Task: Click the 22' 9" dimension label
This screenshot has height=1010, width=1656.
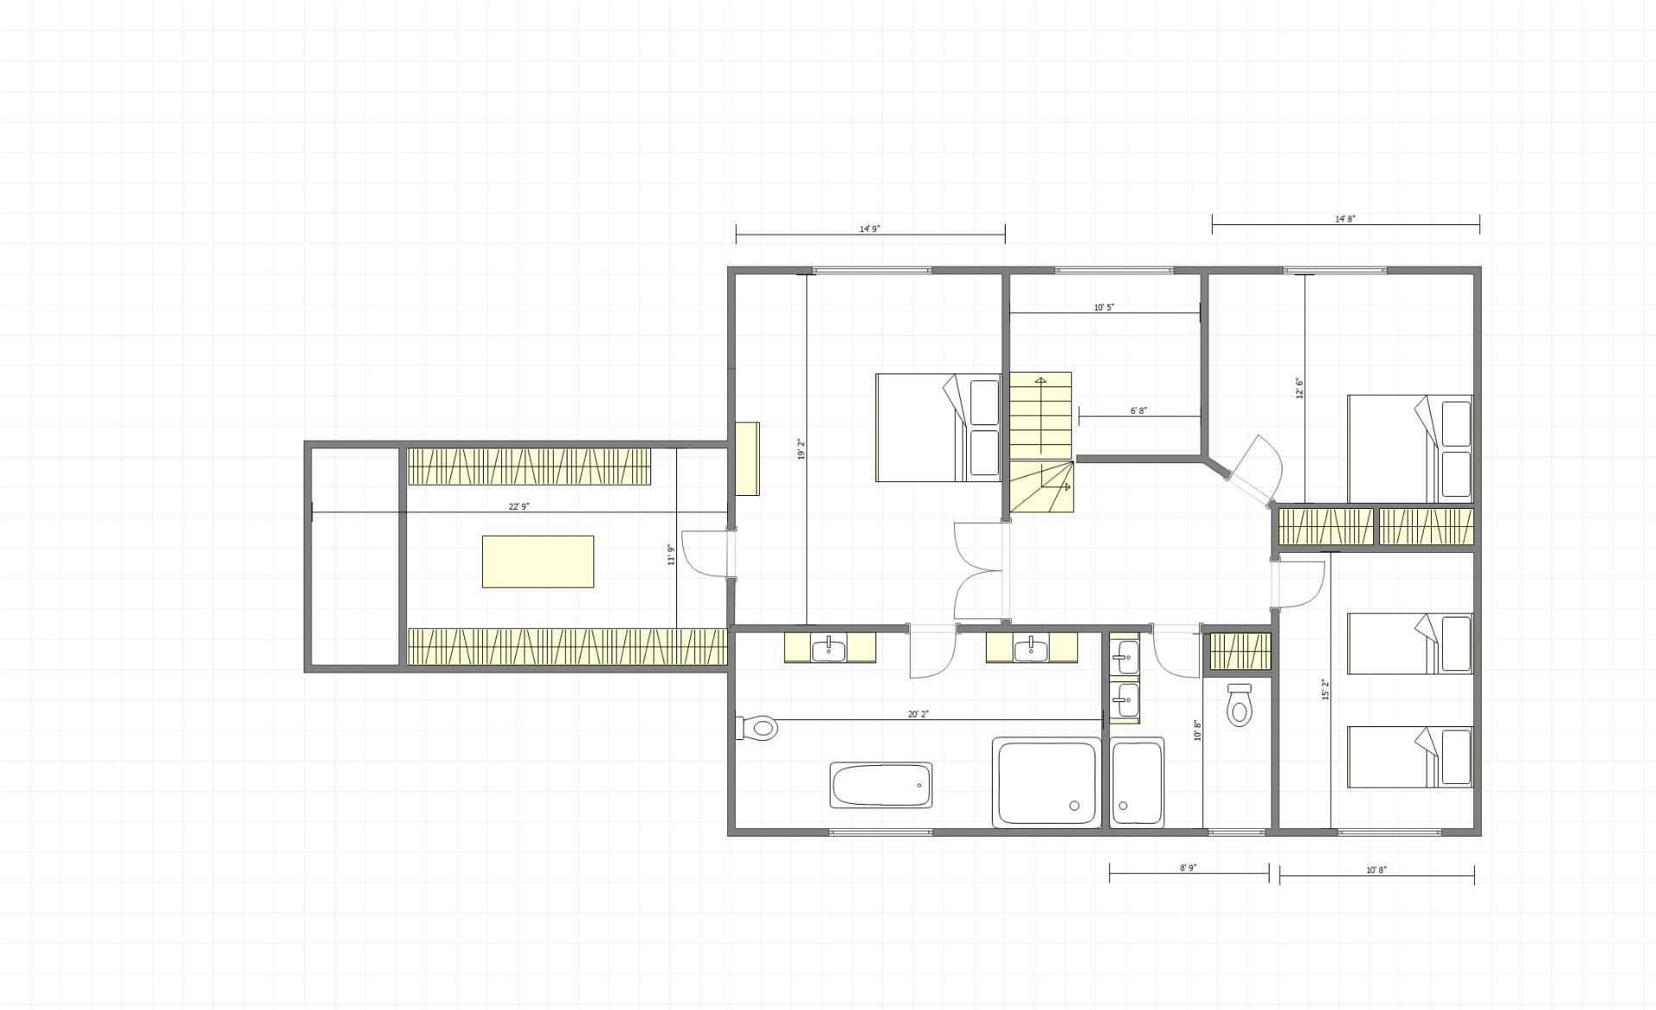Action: (518, 507)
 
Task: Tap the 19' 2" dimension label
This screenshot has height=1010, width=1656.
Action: (801, 449)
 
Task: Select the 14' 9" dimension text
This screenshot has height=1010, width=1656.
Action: (870, 229)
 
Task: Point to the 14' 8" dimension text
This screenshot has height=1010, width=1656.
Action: (1345, 219)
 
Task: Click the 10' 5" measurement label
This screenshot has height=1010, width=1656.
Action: (1105, 307)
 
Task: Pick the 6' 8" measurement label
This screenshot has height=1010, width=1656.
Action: (1138, 411)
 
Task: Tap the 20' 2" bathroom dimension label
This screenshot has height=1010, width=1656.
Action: (919, 714)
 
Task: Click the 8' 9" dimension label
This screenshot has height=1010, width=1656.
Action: (1189, 869)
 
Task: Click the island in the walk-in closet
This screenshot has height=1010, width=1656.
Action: (537, 561)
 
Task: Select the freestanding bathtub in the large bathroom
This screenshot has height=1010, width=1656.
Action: (881, 785)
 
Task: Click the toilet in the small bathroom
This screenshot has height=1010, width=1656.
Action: (1239, 705)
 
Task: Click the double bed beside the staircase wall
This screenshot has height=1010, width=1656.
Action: (938, 427)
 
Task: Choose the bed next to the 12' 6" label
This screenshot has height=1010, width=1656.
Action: (1409, 449)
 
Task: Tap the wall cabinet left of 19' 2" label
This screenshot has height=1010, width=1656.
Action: (747, 458)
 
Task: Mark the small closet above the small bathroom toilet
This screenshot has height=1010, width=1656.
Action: (1240, 651)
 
